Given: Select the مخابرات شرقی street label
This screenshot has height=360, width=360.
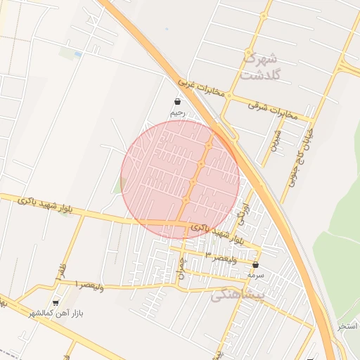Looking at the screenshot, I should [x=273, y=106].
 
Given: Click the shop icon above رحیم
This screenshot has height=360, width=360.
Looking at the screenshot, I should [x=176, y=101].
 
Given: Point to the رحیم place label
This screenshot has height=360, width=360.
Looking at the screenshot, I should [x=176, y=112].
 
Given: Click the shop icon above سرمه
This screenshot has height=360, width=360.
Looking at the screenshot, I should [x=255, y=265].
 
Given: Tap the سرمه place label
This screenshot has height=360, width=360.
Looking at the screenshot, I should [x=255, y=276].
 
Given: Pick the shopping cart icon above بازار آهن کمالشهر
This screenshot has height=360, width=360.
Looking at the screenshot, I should [x=56, y=302].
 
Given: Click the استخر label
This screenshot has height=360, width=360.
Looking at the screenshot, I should [x=348, y=326].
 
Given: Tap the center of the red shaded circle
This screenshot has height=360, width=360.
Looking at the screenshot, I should [x=180, y=179].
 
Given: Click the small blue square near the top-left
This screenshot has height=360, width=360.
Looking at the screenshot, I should [x=77, y=54].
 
